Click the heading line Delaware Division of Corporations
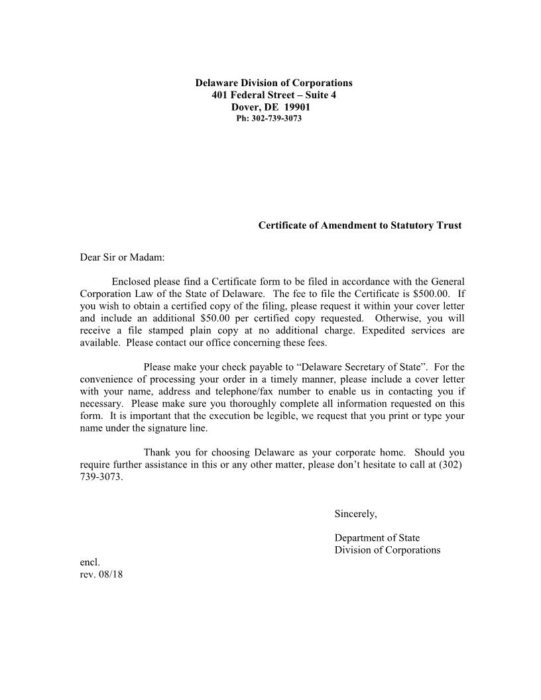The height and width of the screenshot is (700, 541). click(x=273, y=83)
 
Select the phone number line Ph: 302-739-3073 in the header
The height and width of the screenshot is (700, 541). click(x=269, y=119)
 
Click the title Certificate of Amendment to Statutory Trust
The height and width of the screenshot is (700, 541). click(x=359, y=225)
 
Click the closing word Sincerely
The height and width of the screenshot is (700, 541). click(x=355, y=514)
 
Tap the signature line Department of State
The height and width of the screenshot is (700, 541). click(x=377, y=538)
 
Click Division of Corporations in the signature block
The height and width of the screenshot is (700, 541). click(x=387, y=550)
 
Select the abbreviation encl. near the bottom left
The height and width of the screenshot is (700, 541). click(x=90, y=562)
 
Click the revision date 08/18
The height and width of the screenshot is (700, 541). click(x=110, y=575)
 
